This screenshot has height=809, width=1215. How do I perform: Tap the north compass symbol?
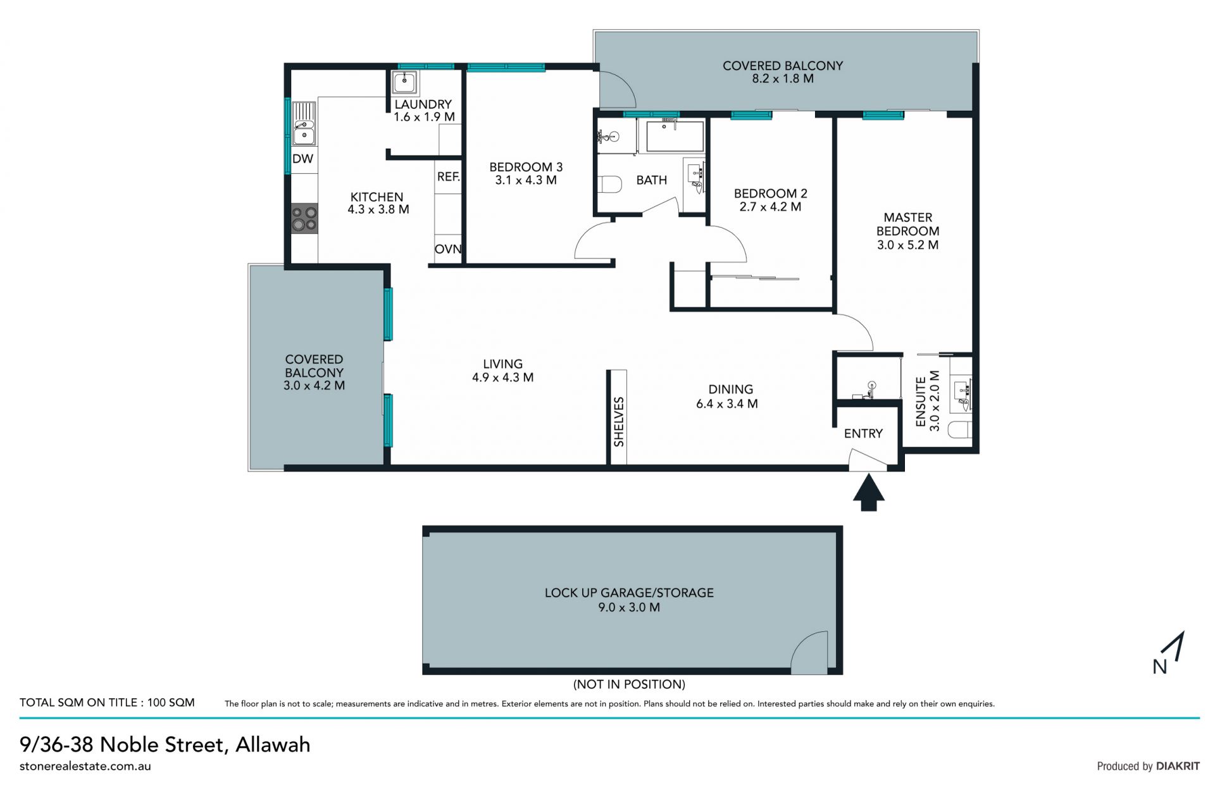click(1170, 653)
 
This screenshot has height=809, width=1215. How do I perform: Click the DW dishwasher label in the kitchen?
click(302, 159)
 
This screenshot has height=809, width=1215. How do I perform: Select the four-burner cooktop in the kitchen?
click(304, 219)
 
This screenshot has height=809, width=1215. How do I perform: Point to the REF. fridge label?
click(448, 176)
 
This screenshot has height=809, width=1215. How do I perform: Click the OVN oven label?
click(448, 249)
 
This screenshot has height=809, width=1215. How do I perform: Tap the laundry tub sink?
click(404, 82)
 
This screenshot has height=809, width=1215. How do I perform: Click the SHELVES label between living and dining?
click(618, 422)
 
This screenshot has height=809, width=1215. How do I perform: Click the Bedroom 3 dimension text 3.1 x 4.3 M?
click(526, 180)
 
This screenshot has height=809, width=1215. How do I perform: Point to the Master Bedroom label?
click(907, 224)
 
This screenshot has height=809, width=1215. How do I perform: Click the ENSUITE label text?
click(921, 402)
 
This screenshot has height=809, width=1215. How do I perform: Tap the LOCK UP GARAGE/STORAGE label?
click(629, 593)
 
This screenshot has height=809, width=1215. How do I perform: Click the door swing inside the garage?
click(809, 652)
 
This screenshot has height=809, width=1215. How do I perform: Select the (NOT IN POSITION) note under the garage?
click(629, 684)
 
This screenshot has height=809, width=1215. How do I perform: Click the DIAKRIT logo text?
click(1178, 766)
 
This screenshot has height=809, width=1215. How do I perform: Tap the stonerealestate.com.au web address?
click(85, 766)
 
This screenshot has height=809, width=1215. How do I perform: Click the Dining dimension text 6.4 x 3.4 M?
click(727, 404)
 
